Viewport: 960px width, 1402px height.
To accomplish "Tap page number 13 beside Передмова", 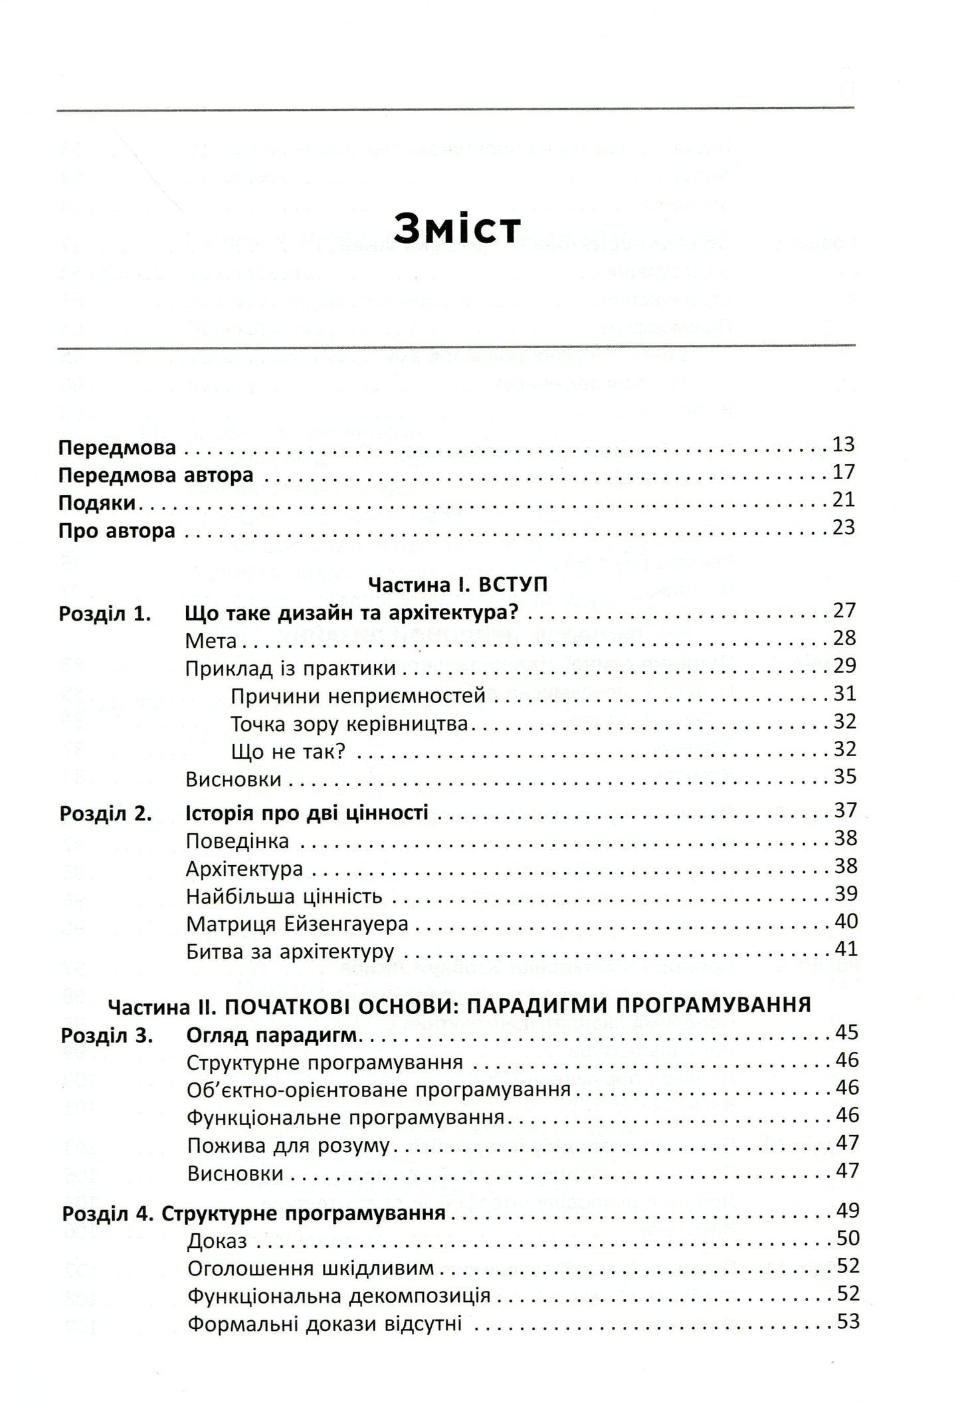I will (843, 445).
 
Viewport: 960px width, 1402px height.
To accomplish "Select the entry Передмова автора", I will (155, 476).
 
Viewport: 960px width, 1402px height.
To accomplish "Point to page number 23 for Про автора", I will (843, 528).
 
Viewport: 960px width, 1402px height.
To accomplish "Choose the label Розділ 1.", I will (105, 613).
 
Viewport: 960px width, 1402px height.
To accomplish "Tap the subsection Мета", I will (211, 641).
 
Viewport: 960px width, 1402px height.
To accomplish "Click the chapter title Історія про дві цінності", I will (306, 812).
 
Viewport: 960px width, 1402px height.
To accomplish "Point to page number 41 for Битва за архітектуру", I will (846, 949).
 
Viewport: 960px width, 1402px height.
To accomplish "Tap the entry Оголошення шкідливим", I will (310, 1268).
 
